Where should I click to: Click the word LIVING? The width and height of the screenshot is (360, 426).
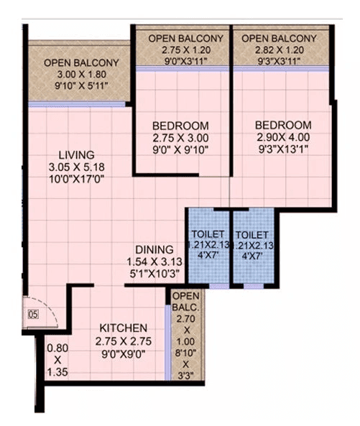coord(76,154)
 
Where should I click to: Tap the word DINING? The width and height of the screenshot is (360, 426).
coord(154,250)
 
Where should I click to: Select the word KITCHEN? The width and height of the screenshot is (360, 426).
coord(124,327)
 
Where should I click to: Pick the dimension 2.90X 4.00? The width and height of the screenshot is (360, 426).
coord(283,137)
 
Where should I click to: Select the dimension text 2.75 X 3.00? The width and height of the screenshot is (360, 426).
coord(180,137)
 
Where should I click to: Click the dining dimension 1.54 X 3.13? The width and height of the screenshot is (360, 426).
coord(154,262)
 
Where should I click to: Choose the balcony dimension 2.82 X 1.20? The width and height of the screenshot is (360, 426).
coord(279,50)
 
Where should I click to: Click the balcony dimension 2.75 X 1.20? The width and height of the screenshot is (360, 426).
coord(185,50)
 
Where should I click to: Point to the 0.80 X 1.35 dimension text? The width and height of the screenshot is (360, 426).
coord(56,359)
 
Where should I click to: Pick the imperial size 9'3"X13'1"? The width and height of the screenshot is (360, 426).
coord(283,150)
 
